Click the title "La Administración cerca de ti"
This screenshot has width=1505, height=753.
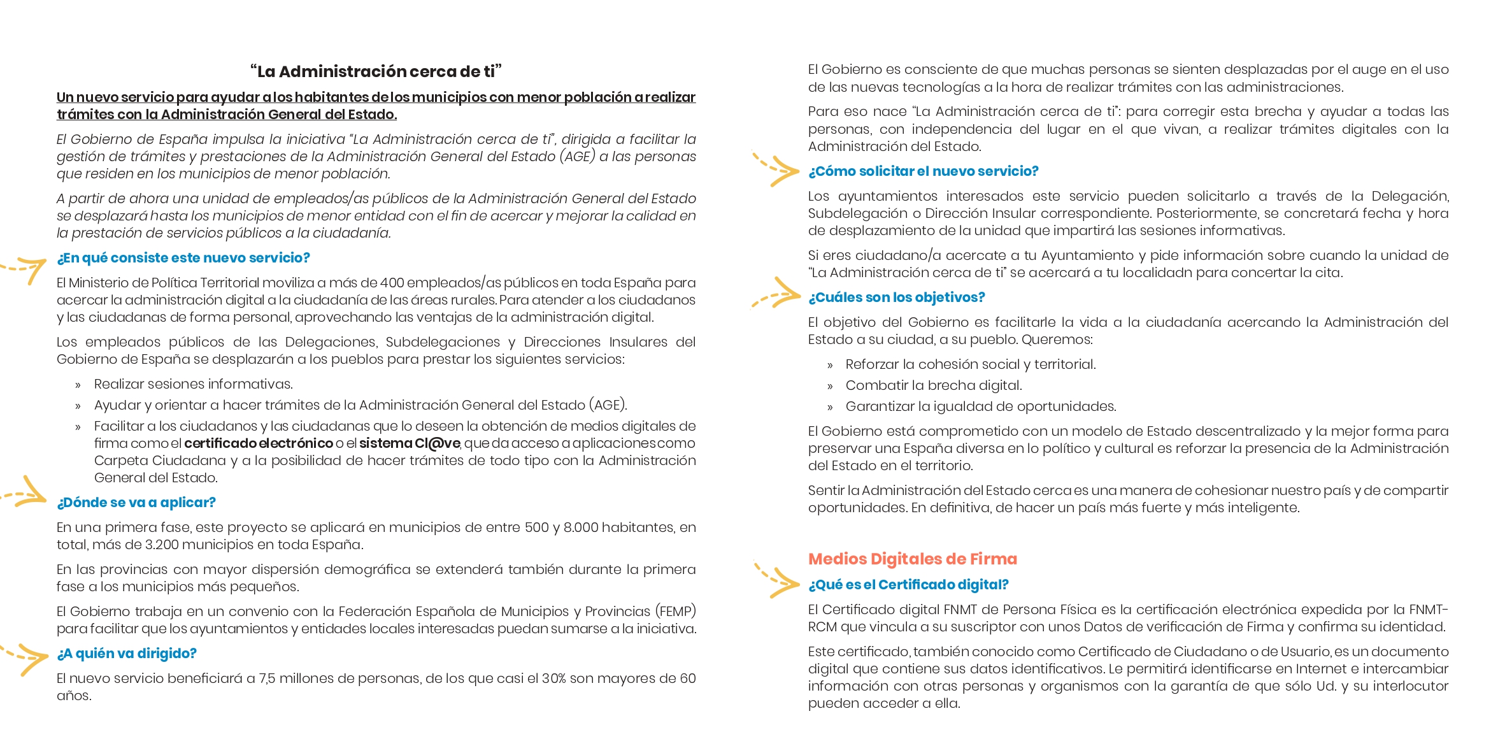click(376, 71)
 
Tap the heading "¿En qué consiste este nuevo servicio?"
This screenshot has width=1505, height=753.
click(183, 258)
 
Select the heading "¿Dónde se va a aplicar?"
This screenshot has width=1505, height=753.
click(136, 503)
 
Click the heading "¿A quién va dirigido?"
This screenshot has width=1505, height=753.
click(126, 654)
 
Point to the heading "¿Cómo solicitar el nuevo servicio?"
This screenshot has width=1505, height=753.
click(923, 171)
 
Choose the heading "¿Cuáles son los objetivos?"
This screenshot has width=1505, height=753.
click(896, 298)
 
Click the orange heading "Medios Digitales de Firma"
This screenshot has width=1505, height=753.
click(912, 559)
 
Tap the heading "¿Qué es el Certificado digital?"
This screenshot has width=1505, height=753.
click(908, 585)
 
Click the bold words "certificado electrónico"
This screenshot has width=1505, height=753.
click(258, 443)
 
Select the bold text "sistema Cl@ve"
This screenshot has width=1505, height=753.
click(409, 443)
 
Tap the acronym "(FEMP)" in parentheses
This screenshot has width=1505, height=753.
click(675, 612)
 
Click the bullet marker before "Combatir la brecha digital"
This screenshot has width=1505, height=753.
click(830, 387)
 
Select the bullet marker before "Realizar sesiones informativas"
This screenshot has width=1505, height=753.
click(78, 385)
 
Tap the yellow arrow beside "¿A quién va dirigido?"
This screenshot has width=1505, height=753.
click(25, 657)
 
